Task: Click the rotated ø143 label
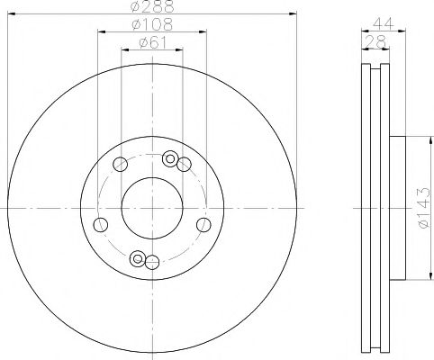(x=421, y=208)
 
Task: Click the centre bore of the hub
(x=151, y=208)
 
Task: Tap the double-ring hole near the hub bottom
(x=138, y=259)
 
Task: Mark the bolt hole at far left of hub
(x=101, y=224)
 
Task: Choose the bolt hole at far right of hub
(x=203, y=224)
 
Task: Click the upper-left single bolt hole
(x=120, y=164)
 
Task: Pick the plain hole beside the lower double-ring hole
(x=152, y=262)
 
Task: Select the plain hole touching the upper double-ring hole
(x=184, y=164)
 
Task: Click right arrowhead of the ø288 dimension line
(x=294, y=13)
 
